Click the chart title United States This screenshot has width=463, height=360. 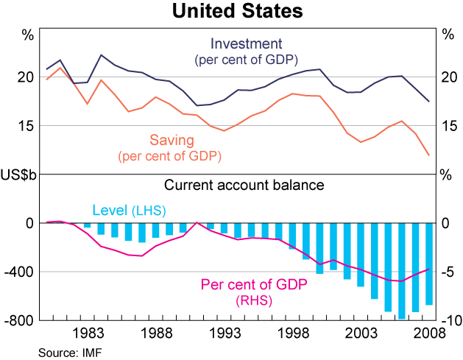click(230, 12)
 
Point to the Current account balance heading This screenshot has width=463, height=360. click(244, 185)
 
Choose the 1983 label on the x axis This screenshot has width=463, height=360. click(88, 333)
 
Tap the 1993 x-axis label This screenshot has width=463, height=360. click(225, 333)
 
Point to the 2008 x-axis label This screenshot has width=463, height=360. click(429, 333)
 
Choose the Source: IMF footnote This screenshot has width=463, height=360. click(69, 353)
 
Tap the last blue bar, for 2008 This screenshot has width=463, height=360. click(429, 264)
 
